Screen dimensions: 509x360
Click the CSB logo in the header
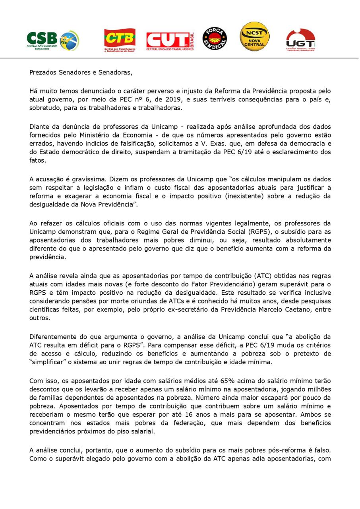[53, 41]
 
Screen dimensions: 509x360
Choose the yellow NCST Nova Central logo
[255, 37]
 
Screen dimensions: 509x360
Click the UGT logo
[301, 40]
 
